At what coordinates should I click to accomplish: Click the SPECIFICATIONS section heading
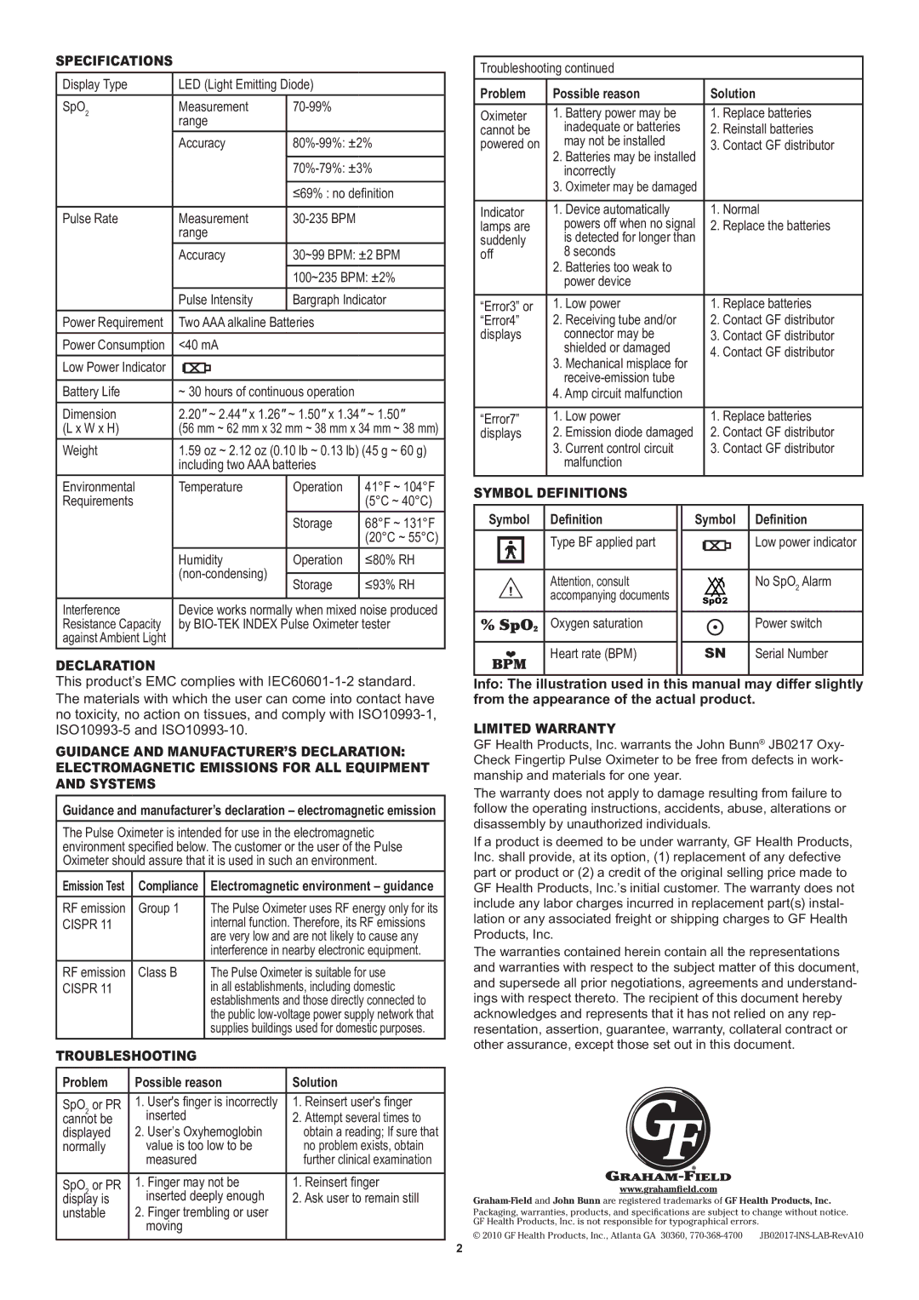pos(114,60)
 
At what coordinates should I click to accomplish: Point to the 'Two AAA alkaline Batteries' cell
pos(246,323)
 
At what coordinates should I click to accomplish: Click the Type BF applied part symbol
pos(511,551)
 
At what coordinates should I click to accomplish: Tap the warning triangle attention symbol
pos(511,589)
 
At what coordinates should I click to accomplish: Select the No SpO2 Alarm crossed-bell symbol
pos(715,587)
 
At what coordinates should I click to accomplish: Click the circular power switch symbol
pos(716,627)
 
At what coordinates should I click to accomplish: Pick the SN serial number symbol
pos(715,654)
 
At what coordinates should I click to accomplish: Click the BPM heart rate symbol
pos(511,659)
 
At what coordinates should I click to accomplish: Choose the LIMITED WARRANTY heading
pos(544,729)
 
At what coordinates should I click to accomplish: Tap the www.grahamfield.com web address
pos(668,1189)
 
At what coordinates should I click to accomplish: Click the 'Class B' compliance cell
pos(157,972)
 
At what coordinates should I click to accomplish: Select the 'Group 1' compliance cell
pos(158,908)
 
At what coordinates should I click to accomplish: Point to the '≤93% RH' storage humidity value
pos(391,585)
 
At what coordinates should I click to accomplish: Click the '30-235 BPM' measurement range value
pos(324,219)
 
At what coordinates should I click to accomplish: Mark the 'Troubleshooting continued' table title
pos(546,68)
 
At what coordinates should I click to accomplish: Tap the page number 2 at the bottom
pos(459,1248)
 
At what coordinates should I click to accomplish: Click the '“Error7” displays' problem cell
pos(501,426)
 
